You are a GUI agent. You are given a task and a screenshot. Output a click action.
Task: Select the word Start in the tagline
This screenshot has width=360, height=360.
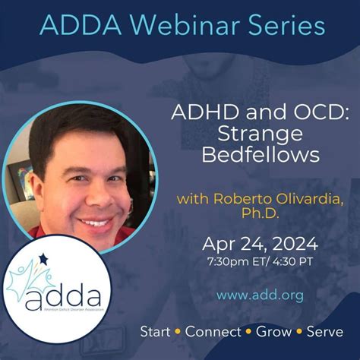(157, 332)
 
